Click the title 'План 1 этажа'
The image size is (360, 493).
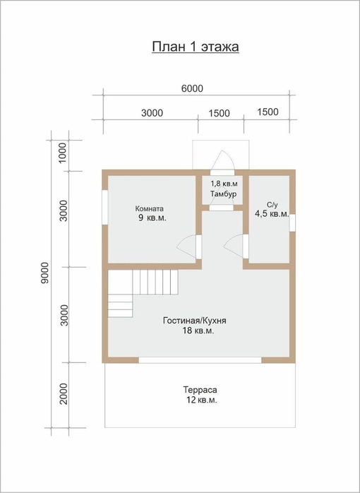[196, 47]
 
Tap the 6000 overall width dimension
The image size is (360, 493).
[192, 89]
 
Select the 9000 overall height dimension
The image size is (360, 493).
[44, 273]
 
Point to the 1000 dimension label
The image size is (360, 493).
[63, 153]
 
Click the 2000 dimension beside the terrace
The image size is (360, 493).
[64, 393]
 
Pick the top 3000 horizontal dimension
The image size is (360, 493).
[152, 113]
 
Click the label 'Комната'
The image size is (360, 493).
[149, 208]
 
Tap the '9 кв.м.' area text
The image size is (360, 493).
[152, 218]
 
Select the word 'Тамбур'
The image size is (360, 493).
[223, 194]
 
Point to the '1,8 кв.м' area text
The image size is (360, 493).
[224, 184]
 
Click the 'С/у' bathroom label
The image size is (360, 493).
[272, 206]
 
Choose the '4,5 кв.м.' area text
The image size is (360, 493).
[272, 214]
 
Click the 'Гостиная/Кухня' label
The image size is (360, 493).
[195, 321]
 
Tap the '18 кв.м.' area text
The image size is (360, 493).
[198, 331]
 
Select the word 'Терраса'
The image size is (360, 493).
[200, 390]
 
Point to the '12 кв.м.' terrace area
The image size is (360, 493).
[202, 400]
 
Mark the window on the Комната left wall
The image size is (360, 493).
[105, 207]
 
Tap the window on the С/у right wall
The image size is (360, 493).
[292, 222]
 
